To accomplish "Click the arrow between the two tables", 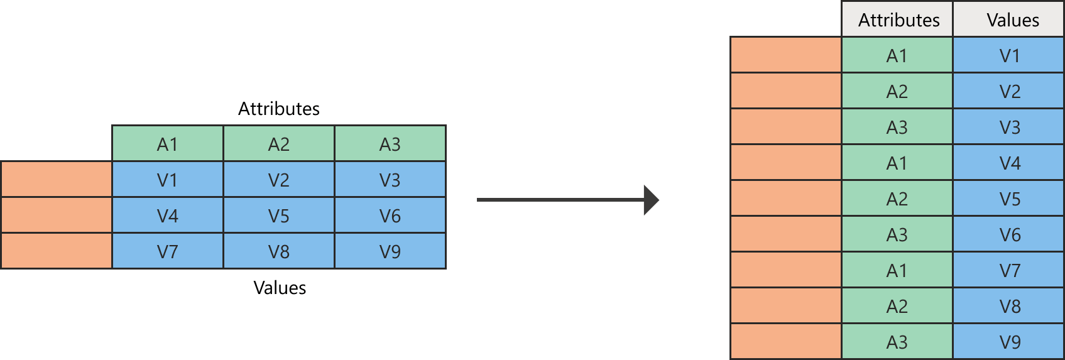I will point(567,200).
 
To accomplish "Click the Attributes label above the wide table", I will point(279,109).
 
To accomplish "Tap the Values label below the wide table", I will point(280,288).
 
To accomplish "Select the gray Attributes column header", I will point(898,20).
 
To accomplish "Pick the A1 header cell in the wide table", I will point(168,145).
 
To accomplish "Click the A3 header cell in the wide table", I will point(390,145).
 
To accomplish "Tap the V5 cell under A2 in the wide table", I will point(279,216).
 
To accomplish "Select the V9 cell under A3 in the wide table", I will point(390,252).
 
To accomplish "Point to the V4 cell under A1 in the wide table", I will point(168,216).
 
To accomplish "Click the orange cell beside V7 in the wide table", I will point(57,251).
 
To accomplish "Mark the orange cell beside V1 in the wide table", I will point(57,180).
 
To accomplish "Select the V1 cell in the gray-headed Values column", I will point(1009,56).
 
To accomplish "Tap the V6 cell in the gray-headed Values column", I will point(1009,235).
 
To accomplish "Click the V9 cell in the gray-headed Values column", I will point(1009,342).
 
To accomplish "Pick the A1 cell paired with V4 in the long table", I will point(897,163).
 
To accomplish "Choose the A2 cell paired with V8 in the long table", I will point(897,307).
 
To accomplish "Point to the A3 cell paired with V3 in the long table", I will point(897,128).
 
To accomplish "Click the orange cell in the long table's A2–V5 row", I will point(786,199).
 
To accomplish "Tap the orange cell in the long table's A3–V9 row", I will point(786,342).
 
